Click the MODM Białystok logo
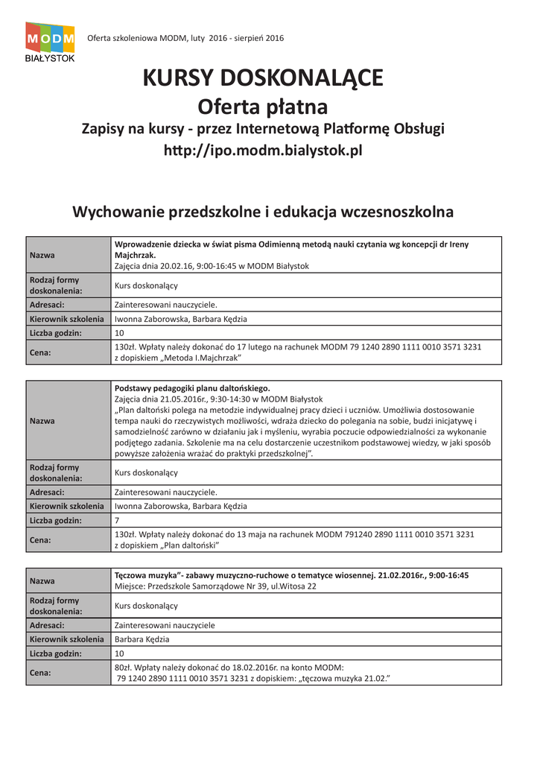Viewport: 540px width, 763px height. pos(50,42)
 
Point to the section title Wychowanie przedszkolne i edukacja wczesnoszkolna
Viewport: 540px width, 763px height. pos(262,212)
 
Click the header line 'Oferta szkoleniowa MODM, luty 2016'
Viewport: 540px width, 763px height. pos(185,38)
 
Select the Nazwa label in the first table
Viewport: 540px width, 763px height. pos(42,256)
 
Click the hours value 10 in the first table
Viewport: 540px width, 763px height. pos(119,333)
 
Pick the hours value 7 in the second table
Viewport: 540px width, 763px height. pos(117,520)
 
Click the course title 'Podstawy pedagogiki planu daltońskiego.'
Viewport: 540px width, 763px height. pos(192,388)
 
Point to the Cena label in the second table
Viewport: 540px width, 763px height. pos(40,539)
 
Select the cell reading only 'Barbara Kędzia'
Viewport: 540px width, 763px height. pos(142,639)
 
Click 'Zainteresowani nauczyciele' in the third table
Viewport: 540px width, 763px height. pos(165,625)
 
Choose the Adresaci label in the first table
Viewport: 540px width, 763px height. pos(47,305)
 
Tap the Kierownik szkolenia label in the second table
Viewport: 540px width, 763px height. pos(67,506)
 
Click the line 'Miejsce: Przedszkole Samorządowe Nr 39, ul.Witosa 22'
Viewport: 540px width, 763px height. pos(215,586)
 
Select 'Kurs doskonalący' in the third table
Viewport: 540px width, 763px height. pos(146,606)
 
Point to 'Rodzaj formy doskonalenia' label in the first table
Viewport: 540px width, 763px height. pos(56,285)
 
